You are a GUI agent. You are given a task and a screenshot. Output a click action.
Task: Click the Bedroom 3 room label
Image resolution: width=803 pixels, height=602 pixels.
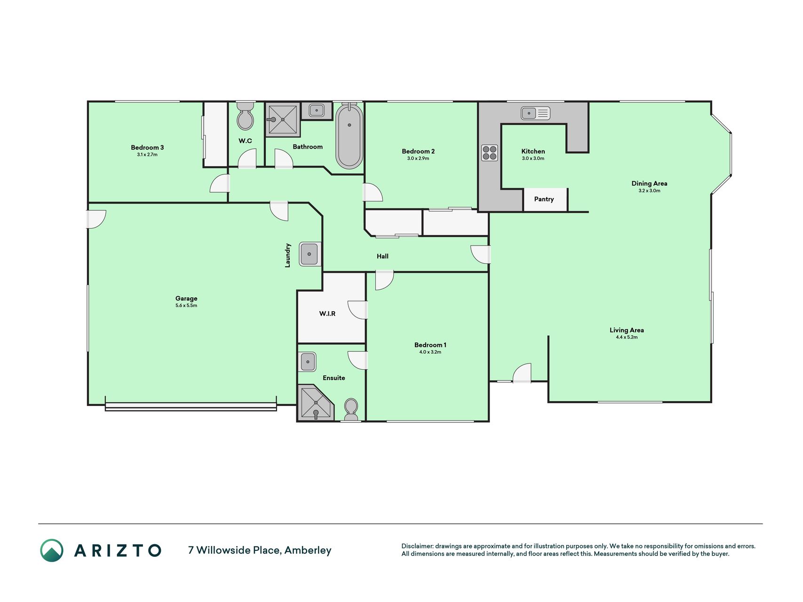(x=147, y=148)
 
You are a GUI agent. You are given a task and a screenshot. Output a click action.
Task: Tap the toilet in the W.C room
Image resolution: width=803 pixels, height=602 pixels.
(x=245, y=116)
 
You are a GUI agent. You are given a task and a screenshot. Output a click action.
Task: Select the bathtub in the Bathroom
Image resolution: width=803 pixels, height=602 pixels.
(x=349, y=135)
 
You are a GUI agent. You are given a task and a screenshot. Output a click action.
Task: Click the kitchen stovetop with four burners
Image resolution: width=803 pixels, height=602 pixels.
(x=489, y=153)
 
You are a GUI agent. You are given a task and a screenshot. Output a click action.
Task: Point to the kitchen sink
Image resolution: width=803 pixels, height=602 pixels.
(x=535, y=113)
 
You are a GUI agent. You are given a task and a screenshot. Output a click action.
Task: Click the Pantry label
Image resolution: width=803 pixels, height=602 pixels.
(x=544, y=199)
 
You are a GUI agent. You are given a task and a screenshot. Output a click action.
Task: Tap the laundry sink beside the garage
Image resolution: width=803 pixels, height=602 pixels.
(x=310, y=254)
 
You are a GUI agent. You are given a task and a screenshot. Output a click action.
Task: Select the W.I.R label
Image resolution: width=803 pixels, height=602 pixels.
(x=327, y=314)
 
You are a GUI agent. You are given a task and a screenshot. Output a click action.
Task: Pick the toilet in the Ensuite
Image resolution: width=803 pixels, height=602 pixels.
(x=351, y=410)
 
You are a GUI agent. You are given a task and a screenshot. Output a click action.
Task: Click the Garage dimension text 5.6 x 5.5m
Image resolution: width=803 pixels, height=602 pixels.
(x=186, y=306)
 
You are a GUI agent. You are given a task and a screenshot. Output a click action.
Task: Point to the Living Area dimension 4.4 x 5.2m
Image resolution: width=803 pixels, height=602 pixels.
(x=627, y=337)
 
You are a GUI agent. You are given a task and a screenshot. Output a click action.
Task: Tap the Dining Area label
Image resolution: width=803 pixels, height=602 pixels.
(x=649, y=183)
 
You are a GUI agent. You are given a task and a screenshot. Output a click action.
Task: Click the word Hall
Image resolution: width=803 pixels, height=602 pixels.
(x=382, y=256)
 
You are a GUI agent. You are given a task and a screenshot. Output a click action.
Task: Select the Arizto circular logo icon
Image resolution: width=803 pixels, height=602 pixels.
(x=52, y=550)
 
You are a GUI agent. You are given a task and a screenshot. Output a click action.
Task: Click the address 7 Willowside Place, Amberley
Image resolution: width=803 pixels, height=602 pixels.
(x=260, y=550)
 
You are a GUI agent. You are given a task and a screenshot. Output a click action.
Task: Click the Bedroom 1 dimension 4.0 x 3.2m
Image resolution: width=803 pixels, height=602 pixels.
(x=430, y=352)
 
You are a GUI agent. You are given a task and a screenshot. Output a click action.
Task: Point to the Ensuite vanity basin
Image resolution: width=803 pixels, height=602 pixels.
(x=308, y=362)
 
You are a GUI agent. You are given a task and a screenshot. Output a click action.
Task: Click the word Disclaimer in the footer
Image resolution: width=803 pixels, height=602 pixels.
(x=417, y=547)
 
